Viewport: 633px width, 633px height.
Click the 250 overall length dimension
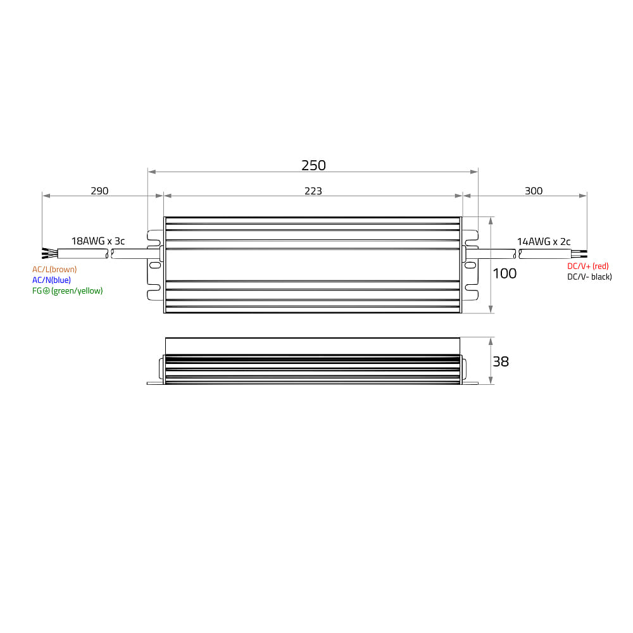313,165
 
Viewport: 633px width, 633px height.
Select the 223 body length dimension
313,191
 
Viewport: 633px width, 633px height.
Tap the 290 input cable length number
99,191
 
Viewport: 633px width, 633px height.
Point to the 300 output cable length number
533,191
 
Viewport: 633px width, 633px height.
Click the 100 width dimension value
505,273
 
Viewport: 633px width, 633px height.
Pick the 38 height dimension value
501,361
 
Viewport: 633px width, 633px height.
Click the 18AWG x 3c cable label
98,241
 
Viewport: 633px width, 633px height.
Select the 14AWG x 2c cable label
544,241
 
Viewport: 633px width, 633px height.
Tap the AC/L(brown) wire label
54,269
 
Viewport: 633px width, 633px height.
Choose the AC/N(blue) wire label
52,280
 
